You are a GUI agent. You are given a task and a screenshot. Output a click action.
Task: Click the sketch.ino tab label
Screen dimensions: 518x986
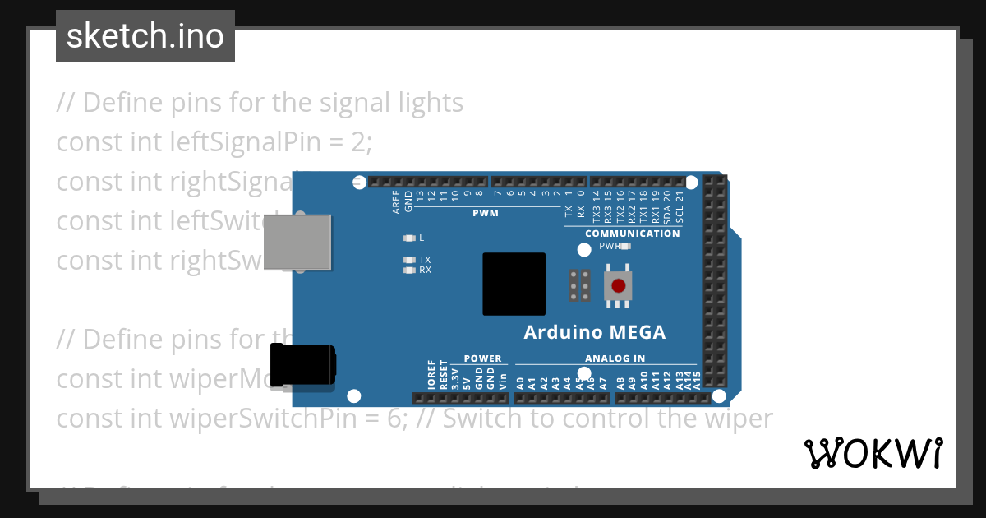pos(145,36)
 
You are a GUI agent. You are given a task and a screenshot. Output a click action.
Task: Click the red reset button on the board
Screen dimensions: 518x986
pos(618,287)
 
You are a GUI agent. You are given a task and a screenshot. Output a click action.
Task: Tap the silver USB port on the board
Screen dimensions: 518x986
pos(297,242)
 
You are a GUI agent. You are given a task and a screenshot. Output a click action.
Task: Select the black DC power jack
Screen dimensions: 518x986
pos(302,366)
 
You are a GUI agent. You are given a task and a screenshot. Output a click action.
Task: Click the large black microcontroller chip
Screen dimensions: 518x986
pos(514,284)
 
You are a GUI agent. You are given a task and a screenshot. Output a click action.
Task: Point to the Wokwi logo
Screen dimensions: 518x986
pos(873,453)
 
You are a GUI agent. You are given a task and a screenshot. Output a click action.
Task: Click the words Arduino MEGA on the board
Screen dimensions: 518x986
pos(595,332)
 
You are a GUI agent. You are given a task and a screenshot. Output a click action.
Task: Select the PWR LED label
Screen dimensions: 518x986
pos(610,246)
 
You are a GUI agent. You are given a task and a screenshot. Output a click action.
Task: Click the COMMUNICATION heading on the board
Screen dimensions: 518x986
pos(632,234)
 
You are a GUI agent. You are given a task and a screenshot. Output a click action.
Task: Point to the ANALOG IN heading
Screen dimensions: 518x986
pos(615,358)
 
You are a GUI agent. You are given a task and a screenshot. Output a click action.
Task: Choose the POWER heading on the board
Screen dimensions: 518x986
pos(482,358)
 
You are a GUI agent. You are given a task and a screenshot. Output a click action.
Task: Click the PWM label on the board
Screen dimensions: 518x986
pos(485,213)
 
